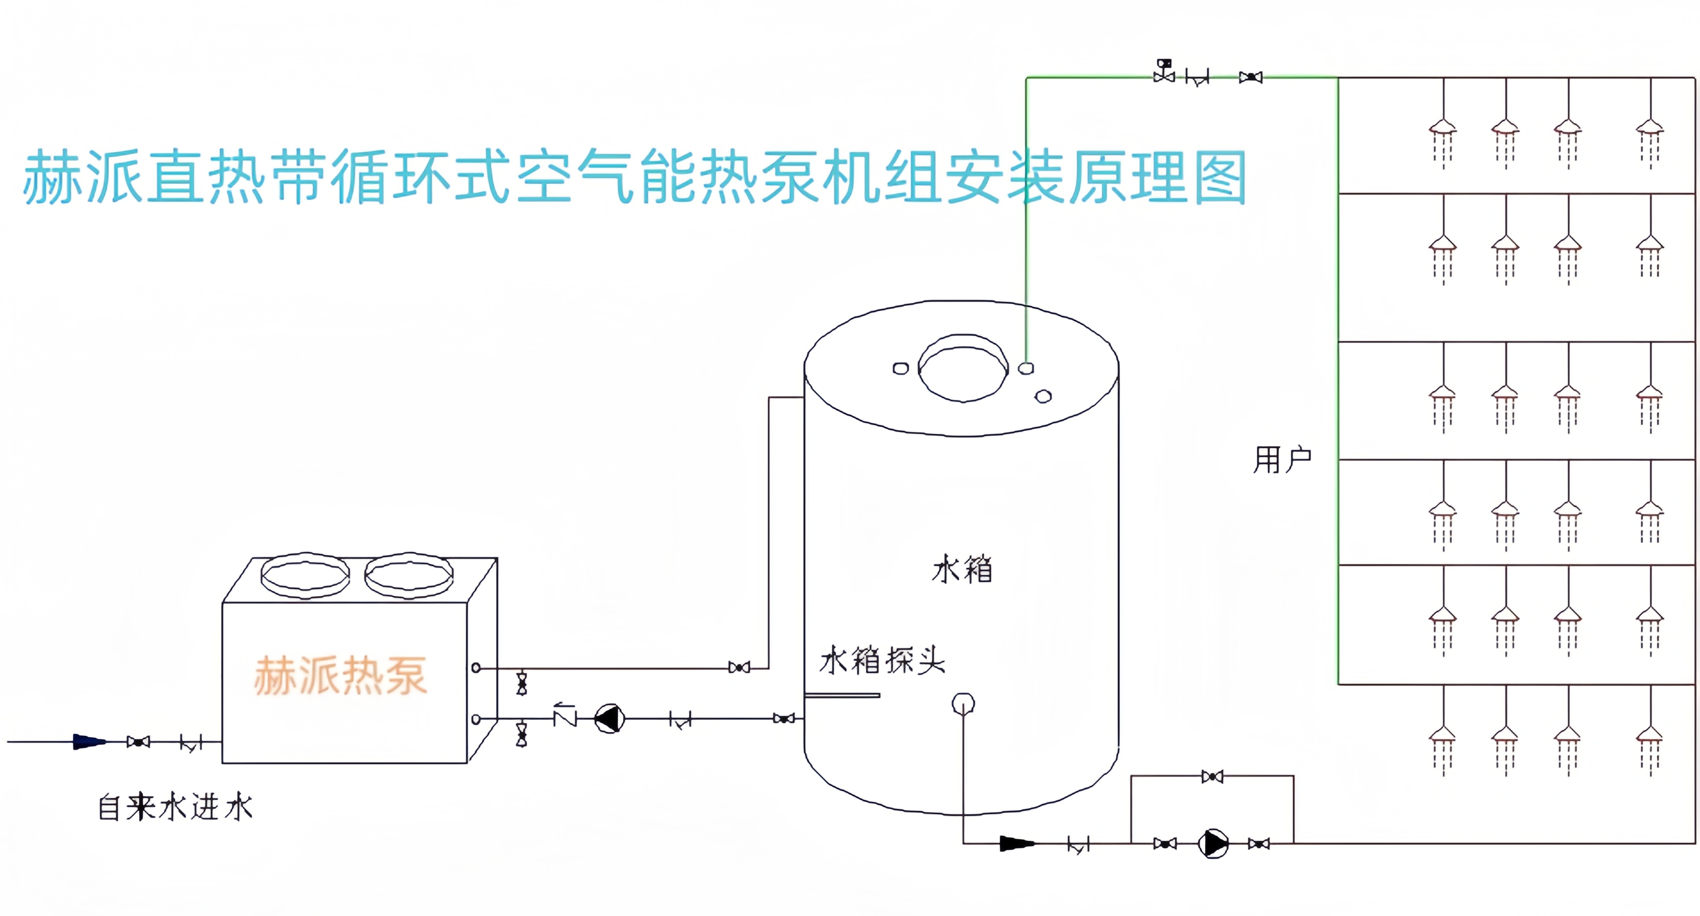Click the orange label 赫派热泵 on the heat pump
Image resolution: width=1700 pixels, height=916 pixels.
[x=341, y=676]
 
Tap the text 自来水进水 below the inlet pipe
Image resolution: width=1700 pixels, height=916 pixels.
[x=175, y=807]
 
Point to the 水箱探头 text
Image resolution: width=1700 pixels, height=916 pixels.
[x=882, y=660]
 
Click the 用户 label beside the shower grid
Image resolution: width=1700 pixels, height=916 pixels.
[x=1282, y=459]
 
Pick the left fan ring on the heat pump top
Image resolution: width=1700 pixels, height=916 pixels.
[x=305, y=575]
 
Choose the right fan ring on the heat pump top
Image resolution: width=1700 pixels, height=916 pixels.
[x=409, y=575]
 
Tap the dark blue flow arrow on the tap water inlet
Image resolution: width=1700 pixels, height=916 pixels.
[x=88, y=742]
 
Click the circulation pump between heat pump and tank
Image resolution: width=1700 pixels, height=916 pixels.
[x=609, y=719]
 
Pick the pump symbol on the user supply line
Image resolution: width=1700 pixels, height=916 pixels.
[x=1213, y=843]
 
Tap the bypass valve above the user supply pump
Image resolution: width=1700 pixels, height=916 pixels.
[x=1212, y=777]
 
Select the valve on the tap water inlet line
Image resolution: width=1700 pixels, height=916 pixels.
[x=138, y=742]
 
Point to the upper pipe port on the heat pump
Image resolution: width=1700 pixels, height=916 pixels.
[x=476, y=668]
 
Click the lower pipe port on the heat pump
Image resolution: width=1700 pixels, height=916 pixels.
[x=476, y=719]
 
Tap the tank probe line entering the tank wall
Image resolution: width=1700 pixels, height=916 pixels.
[x=842, y=695]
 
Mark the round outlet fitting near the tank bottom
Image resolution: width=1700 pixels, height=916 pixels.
[x=963, y=704]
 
